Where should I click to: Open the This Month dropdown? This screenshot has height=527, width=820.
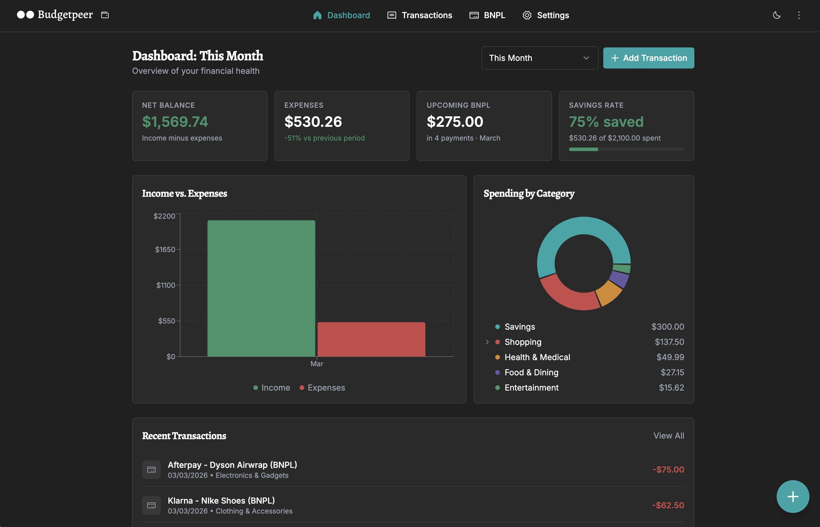539,58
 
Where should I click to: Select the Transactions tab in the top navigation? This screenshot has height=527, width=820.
420,15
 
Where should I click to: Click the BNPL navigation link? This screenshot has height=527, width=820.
487,15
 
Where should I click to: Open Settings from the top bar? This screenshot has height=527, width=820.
546,15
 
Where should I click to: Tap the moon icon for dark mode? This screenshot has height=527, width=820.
777,15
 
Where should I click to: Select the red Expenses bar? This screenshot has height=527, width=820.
371,339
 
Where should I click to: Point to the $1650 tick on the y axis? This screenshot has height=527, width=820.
165,249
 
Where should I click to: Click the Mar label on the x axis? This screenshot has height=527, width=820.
317,364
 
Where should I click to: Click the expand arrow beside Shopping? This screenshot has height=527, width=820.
487,342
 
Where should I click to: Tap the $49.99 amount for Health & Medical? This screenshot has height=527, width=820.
670,357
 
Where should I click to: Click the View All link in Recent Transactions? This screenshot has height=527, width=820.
668,436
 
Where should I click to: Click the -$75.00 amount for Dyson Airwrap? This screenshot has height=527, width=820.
668,470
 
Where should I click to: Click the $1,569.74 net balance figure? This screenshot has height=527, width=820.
175,122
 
